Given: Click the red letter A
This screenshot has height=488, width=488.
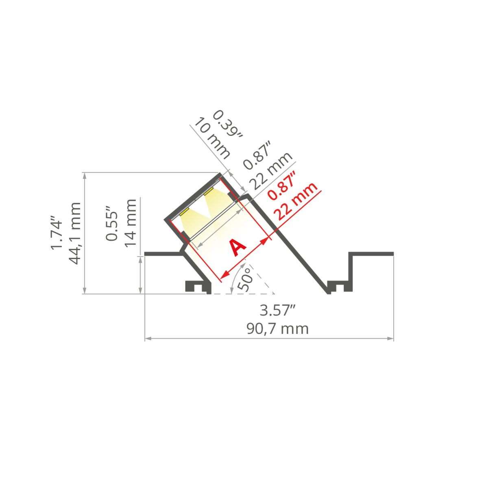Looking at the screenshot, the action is pos(237,248).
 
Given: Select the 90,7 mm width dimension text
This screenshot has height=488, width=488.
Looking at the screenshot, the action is pos(278,329).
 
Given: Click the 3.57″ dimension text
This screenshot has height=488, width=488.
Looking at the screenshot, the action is pos(278,310).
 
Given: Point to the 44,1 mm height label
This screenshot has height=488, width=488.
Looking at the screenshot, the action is pos(75,233).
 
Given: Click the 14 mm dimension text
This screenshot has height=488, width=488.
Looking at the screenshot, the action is pos(131,223).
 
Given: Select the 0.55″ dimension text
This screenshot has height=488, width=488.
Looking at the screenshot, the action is pos(112,223).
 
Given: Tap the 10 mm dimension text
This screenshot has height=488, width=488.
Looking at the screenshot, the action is pos(212,138).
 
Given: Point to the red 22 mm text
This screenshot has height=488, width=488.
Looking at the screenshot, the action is pos(297,201).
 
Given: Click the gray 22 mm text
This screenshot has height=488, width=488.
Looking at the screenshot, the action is pos(271,170).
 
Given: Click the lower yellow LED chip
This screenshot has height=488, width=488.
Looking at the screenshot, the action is pos(184,212).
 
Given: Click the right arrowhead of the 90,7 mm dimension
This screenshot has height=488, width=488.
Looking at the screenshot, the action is pos(390,338).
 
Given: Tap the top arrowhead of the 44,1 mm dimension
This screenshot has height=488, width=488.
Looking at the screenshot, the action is pos(85,176).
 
